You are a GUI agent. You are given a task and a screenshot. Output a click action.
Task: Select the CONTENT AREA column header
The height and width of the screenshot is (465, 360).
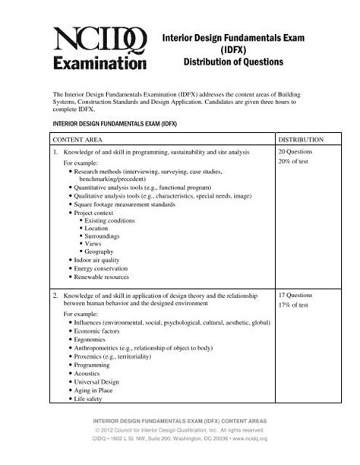(x=79, y=141)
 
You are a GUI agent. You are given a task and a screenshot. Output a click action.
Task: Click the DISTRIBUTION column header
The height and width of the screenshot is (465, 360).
(x=302, y=141)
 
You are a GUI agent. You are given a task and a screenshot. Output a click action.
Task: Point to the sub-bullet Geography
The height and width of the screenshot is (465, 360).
(x=99, y=251)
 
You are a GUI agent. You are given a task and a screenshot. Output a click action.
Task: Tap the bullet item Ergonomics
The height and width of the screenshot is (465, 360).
(x=92, y=340)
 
